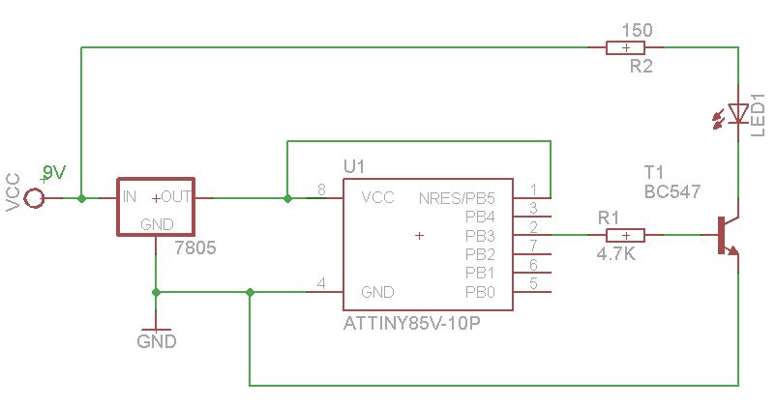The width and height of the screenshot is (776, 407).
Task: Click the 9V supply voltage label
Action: pyautogui.click(x=54, y=173)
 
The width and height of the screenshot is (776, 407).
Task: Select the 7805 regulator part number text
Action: pyautogui.click(x=195, y=248)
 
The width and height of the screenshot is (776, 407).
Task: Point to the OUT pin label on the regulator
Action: pyautogui.click(x=175, y=197)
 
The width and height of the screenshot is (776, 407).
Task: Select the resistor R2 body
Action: pyautogui.click(x=626, y=47)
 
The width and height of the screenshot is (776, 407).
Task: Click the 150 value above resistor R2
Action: pyautogui.click(x=637, y=30)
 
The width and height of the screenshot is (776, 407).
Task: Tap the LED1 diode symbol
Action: pyautogui.click(x=737, y=114)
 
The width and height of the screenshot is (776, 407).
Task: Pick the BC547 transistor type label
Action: pyautogui.click(x=672, y=192)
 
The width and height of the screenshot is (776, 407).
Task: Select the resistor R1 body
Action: pyautogui.click(x=626, y=235)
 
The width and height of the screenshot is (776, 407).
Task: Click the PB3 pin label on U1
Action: pyautogui.click(x=480, y=235)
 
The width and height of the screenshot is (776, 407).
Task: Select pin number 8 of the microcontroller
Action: pyautogui.click(x=321, y=189)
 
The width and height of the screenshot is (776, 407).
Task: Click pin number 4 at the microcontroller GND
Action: pyautogui.click(x=321, y=283)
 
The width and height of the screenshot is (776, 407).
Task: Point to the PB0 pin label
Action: pyautogui.click(x=480, y=292)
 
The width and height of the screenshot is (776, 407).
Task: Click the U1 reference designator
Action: pyautogui.click(x=354, y=166)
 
